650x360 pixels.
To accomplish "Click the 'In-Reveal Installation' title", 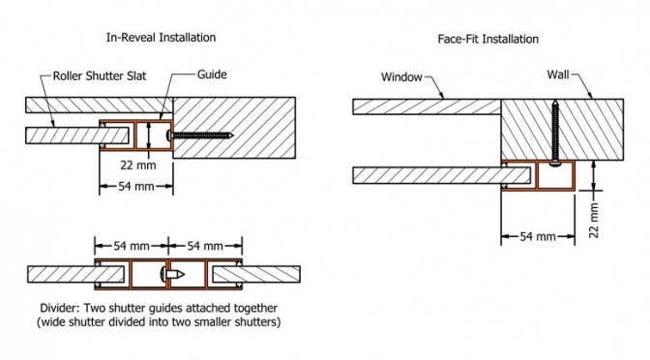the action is click(x=161, y=38).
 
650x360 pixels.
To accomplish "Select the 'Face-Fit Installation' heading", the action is click(x=487, y=39).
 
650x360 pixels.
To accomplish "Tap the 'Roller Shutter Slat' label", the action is click(x=100, y=75).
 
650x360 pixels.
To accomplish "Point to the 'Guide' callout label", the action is click(x=212, y=75).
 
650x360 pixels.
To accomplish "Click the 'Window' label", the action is click(x=401, y=76).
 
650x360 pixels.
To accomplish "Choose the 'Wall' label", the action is click(x=557, y=75).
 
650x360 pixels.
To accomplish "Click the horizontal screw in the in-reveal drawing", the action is click(x=200, y=135).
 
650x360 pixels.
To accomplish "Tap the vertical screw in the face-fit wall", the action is click(x=555, y=134).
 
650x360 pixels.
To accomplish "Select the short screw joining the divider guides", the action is click(x=172, y=274).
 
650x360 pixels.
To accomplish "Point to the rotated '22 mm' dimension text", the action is click(x=594, y=220).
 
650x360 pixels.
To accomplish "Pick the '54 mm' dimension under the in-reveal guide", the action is click(x=136, y=186).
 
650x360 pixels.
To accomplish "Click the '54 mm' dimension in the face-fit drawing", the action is click(x=538, y=236).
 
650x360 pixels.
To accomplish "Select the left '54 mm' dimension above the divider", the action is click(x=132, y=246).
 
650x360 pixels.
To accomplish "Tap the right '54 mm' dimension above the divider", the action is click(x=205, y=246).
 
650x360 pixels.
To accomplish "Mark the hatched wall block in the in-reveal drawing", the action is click(x=234, y=128).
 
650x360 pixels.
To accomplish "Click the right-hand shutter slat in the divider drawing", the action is click(x=256, y=274).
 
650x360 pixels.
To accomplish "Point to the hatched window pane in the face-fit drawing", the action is click(x=427, y=106).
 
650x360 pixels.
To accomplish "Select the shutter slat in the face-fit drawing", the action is click(x=441, y=175).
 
